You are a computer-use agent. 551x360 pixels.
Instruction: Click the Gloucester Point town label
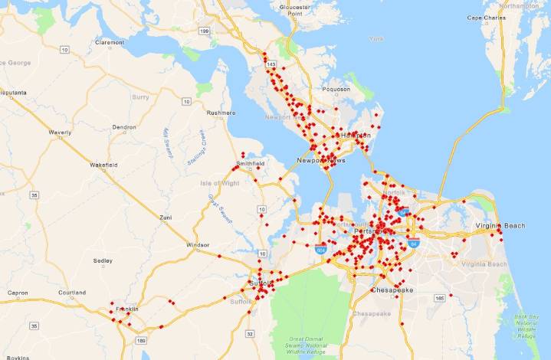295,10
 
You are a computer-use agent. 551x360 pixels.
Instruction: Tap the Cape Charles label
486,17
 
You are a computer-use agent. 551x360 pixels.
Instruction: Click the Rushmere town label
221,113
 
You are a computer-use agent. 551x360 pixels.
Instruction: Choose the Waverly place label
60,133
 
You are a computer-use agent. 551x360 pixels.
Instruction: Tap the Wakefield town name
103,165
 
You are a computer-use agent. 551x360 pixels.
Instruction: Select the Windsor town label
198,245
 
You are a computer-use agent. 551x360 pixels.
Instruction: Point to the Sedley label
103,260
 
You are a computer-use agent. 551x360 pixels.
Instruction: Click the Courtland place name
72,293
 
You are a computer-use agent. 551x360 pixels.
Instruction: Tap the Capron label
17,293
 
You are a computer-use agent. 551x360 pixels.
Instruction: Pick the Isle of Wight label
220,184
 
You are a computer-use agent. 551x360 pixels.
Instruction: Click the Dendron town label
124,127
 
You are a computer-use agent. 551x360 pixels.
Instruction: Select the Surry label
140,97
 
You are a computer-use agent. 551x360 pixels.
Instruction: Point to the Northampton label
522,5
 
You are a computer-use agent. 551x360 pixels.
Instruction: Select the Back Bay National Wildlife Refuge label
526,326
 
